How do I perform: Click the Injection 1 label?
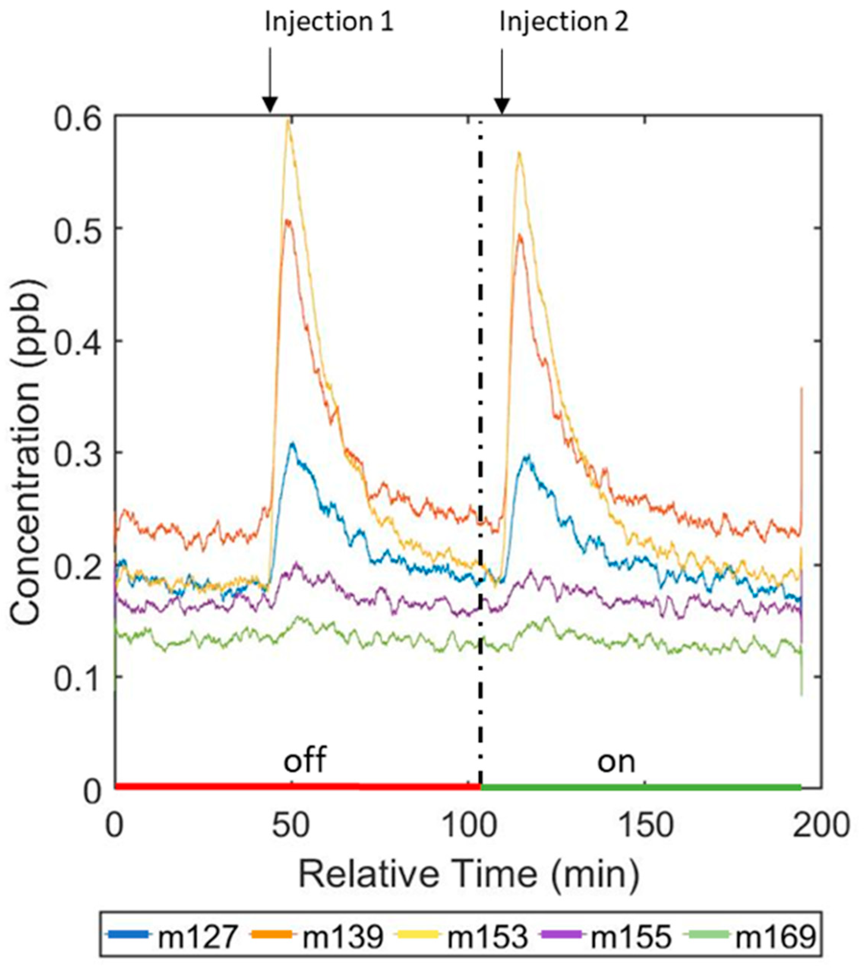click(x=329, y=23)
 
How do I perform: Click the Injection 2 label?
click(x=564, y=23)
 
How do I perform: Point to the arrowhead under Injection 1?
click(x=270, y=105)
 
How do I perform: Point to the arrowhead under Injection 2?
click(x=502, y=105)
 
